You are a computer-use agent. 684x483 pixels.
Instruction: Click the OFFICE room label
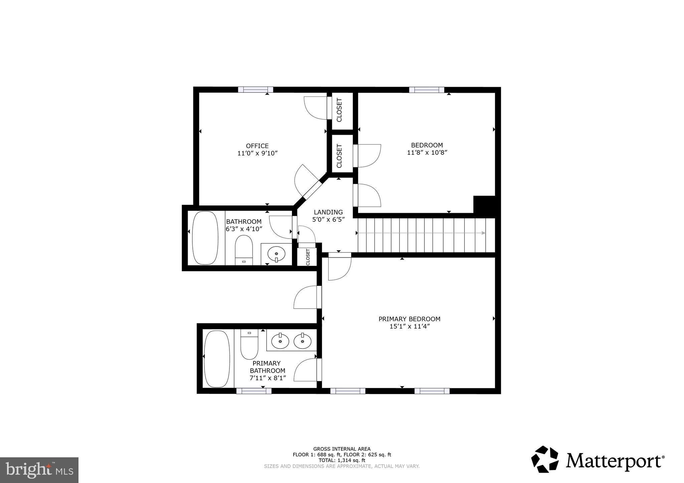[x=257, y=146]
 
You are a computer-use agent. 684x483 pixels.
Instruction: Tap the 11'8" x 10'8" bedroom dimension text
[x=427, y=153]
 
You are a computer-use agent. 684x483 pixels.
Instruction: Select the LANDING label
[x=328, y=212]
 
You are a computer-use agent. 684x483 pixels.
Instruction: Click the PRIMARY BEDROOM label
[x=409, y=319]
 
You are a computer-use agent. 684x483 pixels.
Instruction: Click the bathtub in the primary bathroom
[x=217, y=359]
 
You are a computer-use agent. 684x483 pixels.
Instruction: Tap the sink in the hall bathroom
[x=276, y=254]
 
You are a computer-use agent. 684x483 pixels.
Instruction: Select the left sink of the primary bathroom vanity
[x=280, y=341]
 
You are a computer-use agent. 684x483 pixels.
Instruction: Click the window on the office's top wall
[x=255, y=89]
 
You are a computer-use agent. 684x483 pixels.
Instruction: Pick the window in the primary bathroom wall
[x=253, y=391]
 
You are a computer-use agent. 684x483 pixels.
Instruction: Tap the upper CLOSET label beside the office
[x=339, y=110]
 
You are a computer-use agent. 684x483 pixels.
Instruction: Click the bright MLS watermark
[x=39, y=470]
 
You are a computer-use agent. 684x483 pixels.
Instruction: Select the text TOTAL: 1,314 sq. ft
[x=342, y=460]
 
